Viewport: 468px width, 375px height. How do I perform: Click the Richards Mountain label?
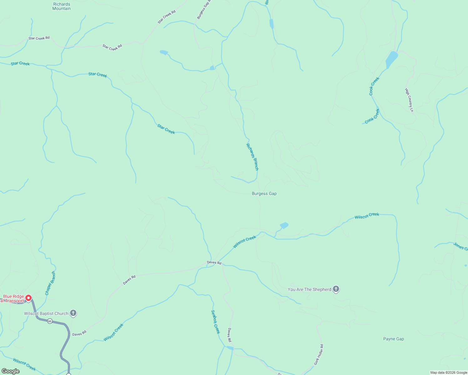click(61, 6)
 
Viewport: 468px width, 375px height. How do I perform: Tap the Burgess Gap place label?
click(264, 194)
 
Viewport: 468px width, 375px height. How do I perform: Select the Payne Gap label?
click(394, 339)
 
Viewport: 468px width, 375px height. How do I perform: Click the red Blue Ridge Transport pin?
click(28, 298)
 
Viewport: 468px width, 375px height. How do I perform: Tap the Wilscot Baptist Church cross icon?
click(73, 313)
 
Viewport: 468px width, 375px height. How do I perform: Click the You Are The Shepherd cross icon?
click(336, 289)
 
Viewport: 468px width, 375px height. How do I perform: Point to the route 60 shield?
click(50, 321)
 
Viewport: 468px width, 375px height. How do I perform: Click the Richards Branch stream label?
click(252, 157)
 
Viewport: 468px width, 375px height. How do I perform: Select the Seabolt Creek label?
click(216, 322)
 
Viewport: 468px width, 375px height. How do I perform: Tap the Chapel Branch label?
click(50, 283)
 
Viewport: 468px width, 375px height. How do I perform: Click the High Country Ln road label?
click(409, 100)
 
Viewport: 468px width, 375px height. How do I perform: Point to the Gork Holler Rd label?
click(319, 355)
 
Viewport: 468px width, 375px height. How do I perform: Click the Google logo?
click(11, 371)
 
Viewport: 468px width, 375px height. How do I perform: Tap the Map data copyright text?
click(449, 372)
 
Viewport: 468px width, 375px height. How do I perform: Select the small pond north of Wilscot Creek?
click(284, 225)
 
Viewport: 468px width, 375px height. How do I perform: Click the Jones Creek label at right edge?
click(460, 246)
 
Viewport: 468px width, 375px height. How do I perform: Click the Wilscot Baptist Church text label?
click(46, 313)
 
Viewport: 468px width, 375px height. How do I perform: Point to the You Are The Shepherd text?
click(309, 289)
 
